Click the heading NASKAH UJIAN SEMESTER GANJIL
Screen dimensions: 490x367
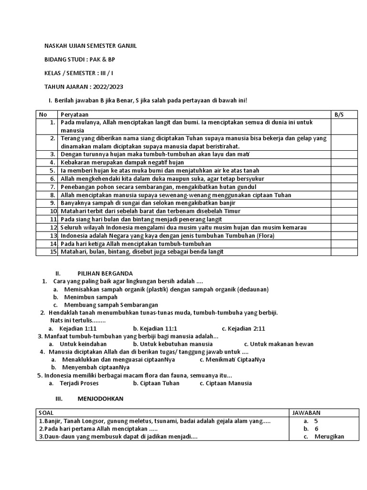87,46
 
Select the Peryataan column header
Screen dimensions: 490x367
75,115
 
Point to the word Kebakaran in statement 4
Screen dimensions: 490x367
76,162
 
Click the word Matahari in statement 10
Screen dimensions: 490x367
74,211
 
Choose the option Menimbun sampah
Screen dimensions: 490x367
90,297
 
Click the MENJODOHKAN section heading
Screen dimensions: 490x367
100,399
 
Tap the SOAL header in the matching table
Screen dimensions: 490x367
46,412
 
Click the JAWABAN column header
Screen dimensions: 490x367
306,412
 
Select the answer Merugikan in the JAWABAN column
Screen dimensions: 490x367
329,436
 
